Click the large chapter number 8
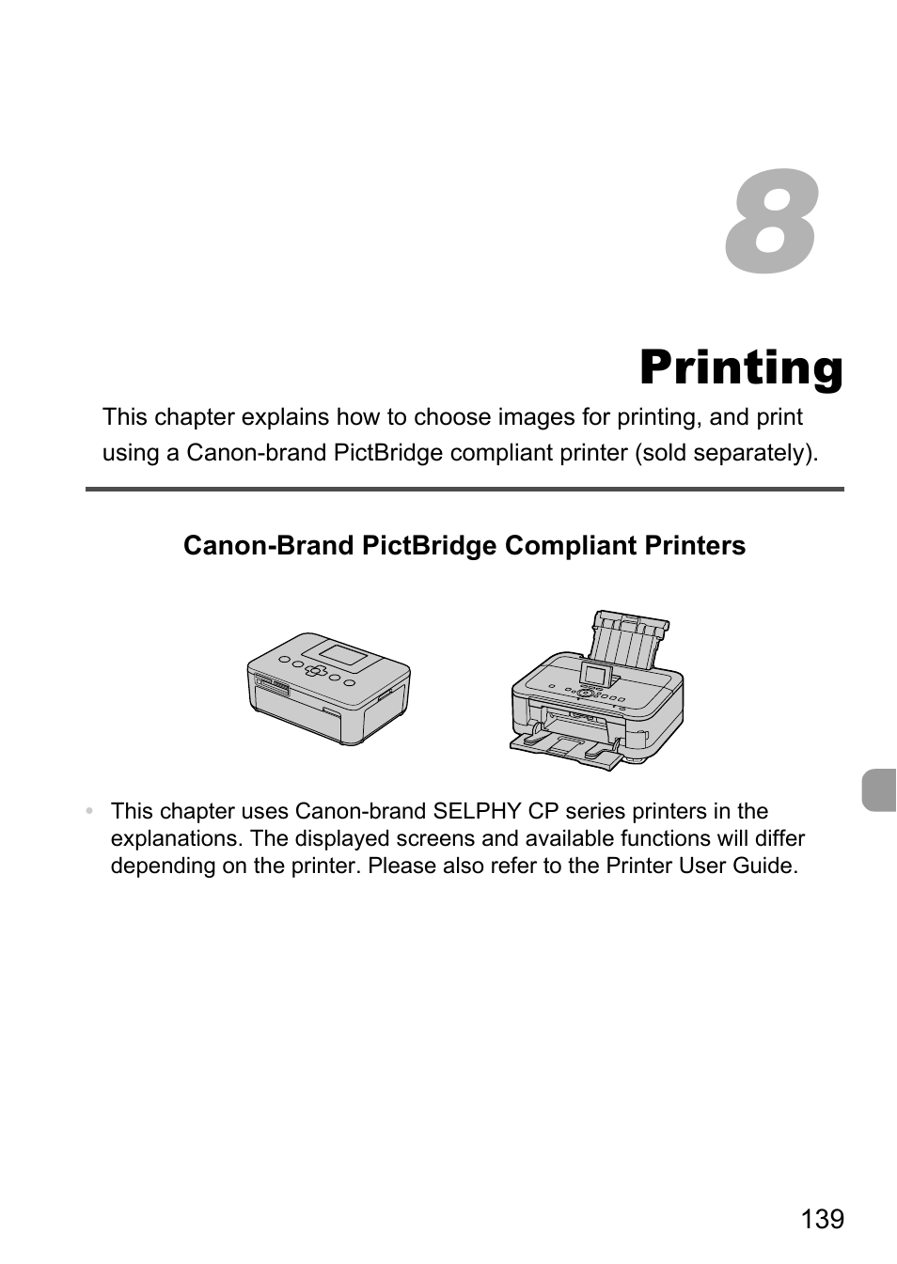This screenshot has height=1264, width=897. [x=771, y=222]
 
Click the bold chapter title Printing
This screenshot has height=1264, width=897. [x=741, y=368]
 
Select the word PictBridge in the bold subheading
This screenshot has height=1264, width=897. [x=429, y=546]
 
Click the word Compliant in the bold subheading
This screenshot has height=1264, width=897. [x=570, y=546]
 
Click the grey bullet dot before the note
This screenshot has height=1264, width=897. [x=88, y=811]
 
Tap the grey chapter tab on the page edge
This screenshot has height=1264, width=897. [x=879, y=789]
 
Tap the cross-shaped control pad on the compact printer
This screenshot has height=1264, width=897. [x=316, y=671]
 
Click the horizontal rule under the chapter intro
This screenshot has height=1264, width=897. [x=464, y=490]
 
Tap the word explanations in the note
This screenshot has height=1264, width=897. [x=176, y=838]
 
